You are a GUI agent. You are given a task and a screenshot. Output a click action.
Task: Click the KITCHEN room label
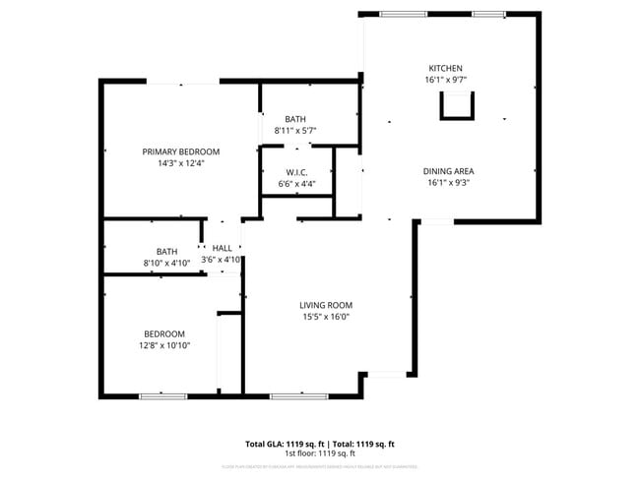coord(445,68)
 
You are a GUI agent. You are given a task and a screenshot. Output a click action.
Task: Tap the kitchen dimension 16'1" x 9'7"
coord(445,80)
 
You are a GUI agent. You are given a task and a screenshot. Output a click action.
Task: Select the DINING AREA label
coord(449,170)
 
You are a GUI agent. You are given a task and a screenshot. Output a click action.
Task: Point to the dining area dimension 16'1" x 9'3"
coord(449,182)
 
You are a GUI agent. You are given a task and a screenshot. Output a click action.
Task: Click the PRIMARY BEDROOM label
coord(181,151)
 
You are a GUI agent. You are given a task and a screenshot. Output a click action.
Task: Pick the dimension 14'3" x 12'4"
coord(181,163)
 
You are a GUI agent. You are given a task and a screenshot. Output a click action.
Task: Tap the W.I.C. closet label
coord(296,172)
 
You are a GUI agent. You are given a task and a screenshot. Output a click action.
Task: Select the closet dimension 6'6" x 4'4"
coord(296,184)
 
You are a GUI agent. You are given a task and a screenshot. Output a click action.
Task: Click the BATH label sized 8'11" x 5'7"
coord(295,119)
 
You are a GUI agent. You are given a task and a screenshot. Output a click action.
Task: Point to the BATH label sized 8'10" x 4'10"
coord(166,251)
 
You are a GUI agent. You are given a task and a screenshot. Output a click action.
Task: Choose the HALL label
coord(222,248)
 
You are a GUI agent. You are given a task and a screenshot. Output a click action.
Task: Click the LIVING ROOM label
coord(326,305)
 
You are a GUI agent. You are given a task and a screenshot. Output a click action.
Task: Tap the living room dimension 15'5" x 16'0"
coord(326,317)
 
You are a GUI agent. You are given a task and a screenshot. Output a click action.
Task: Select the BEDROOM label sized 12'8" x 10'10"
coord(164,333)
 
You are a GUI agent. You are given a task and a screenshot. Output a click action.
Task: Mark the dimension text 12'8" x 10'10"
coord(164,345)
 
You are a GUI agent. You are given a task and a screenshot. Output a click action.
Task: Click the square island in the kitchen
coord(456,103)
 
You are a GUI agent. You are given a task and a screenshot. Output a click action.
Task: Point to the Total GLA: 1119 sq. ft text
coord(285,445)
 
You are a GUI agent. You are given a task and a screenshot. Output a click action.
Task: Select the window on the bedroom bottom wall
coord(162,395)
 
